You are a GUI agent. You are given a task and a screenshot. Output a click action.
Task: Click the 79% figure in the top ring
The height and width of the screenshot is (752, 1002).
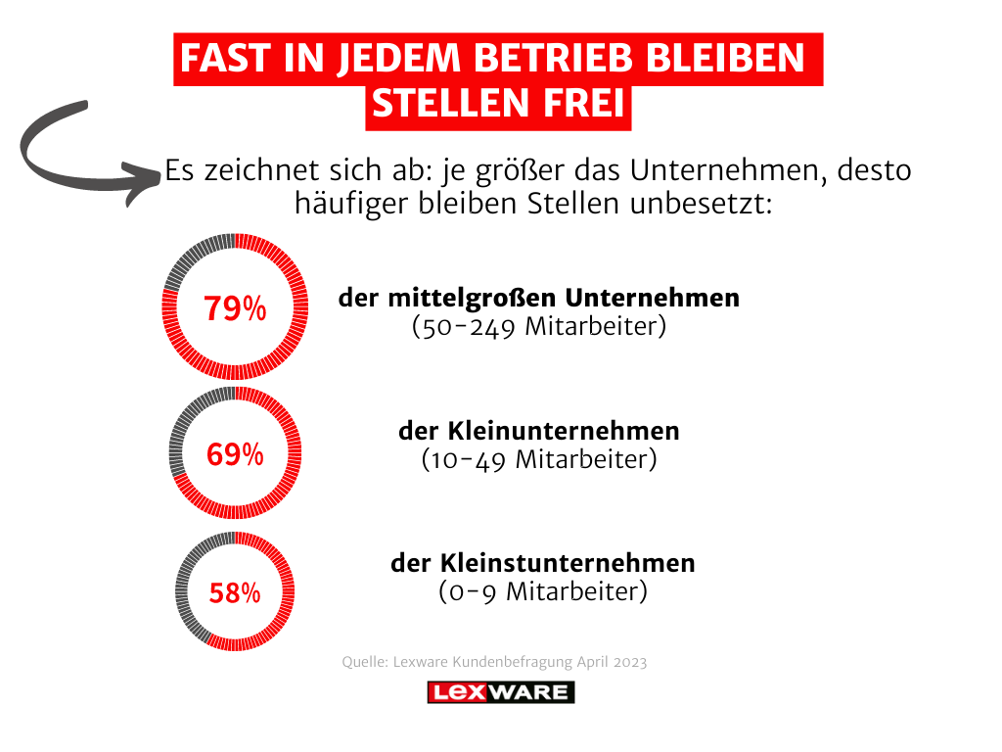235,308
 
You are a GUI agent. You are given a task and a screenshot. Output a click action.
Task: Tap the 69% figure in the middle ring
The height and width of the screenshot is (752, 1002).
235,454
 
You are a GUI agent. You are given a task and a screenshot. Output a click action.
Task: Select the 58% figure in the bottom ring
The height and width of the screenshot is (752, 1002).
235,593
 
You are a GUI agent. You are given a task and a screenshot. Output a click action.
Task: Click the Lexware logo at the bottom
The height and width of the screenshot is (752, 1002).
501,692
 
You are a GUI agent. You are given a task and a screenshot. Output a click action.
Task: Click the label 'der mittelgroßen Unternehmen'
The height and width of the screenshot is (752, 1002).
539,298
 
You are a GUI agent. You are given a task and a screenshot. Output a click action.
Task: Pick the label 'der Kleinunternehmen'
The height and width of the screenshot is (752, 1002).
539,431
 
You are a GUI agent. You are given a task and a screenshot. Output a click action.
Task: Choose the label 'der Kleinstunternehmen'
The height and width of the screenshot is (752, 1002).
543,563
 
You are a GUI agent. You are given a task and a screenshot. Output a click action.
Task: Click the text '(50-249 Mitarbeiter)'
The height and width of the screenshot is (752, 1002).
539,326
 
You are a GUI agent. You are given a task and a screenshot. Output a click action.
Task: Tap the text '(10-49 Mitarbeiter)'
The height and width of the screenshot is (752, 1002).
539,459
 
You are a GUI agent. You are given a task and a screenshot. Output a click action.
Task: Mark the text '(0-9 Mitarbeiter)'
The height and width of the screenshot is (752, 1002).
542,591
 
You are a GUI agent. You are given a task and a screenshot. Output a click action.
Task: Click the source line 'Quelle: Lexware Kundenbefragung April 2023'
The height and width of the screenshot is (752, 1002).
494,662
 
